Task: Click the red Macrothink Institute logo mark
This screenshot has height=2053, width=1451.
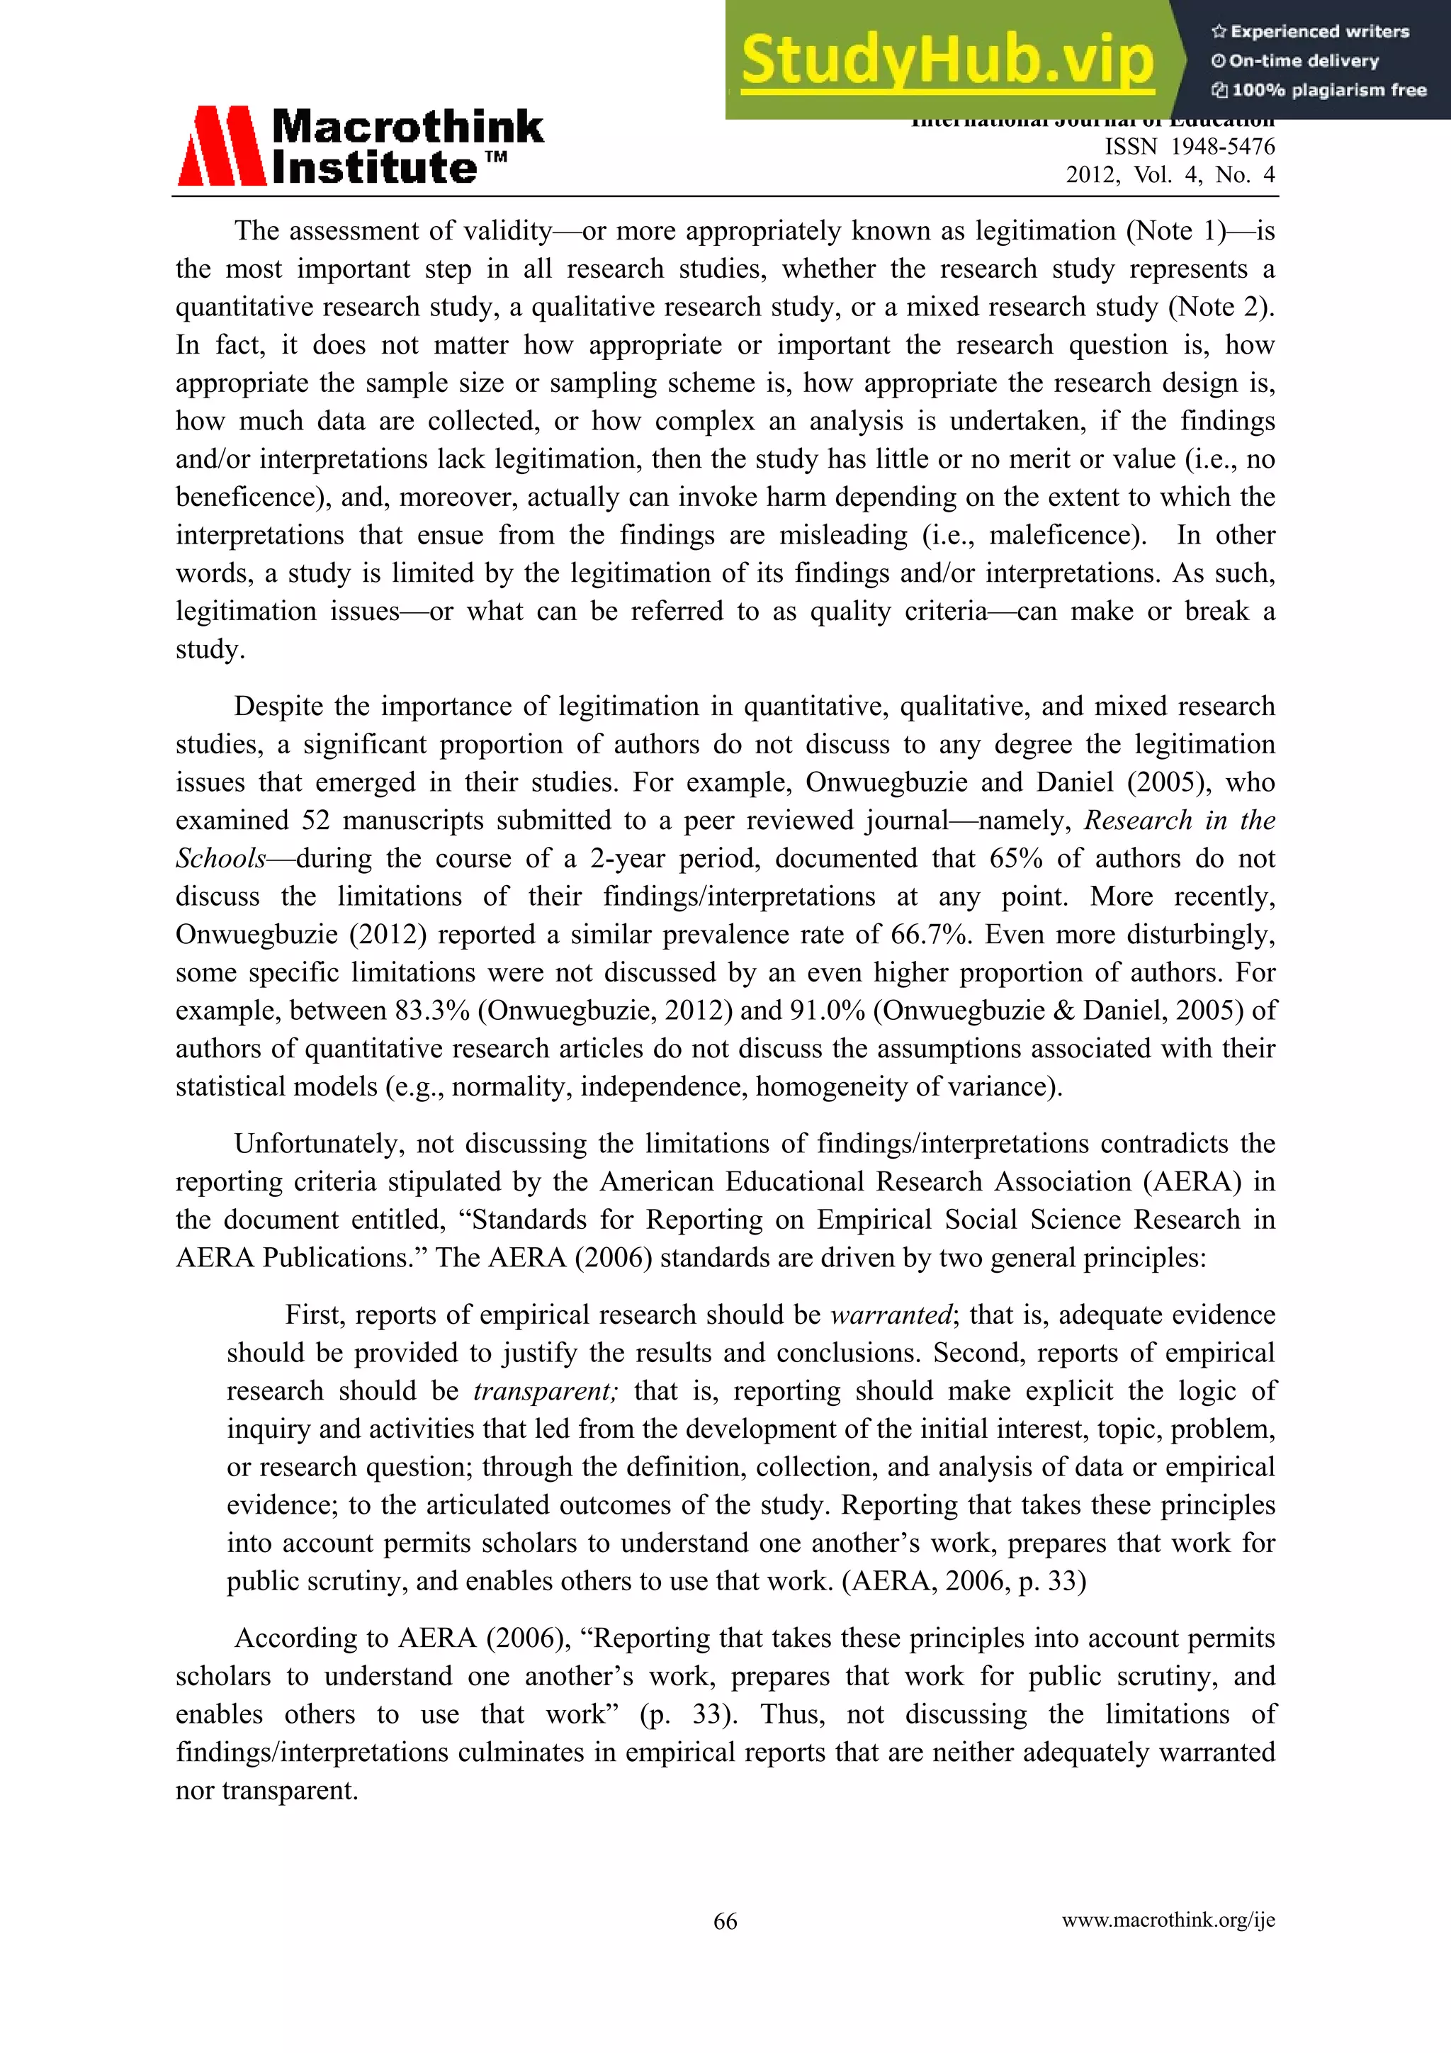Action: (222, 146)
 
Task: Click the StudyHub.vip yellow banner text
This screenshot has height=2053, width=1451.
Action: (948, 60)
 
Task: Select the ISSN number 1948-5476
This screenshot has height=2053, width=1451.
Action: (1222, 147)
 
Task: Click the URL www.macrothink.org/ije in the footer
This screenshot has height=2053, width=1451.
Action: (1168, 1920)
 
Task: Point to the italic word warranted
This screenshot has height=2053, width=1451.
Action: (891, 1315)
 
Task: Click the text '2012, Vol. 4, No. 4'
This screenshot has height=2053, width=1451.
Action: (1170, 174)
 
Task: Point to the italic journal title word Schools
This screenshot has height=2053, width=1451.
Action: (220, 858)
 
